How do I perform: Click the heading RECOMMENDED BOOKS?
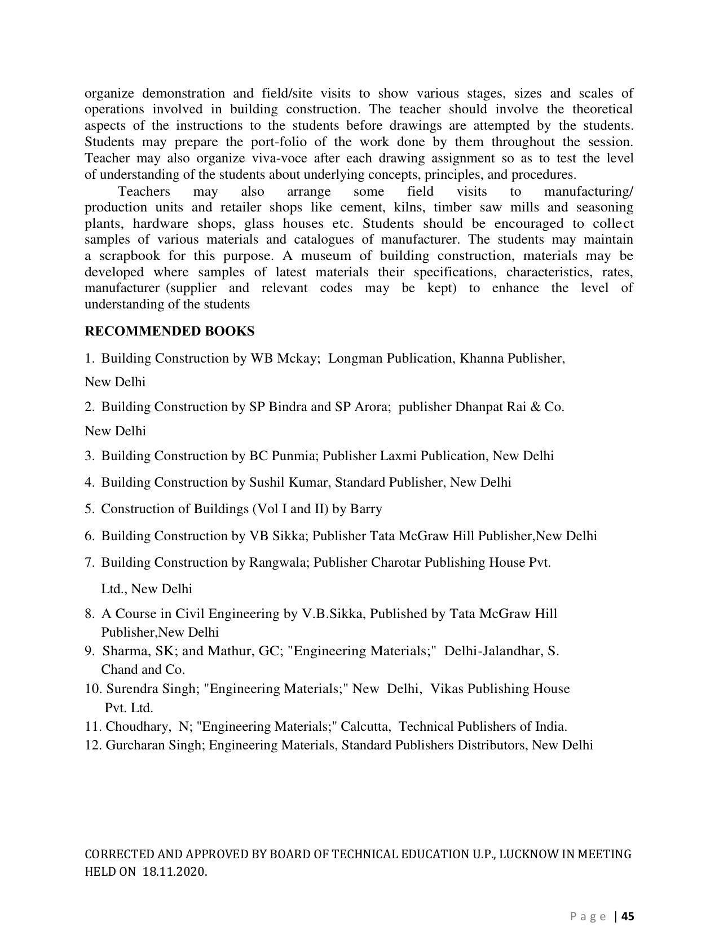(169, 331)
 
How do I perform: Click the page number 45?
(628, 916)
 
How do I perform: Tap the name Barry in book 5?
(366, 509)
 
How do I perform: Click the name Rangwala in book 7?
(279, 563)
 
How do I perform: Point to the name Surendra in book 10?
(131, 689)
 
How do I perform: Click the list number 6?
(89, 536)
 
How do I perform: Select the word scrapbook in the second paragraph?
(129, 256)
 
